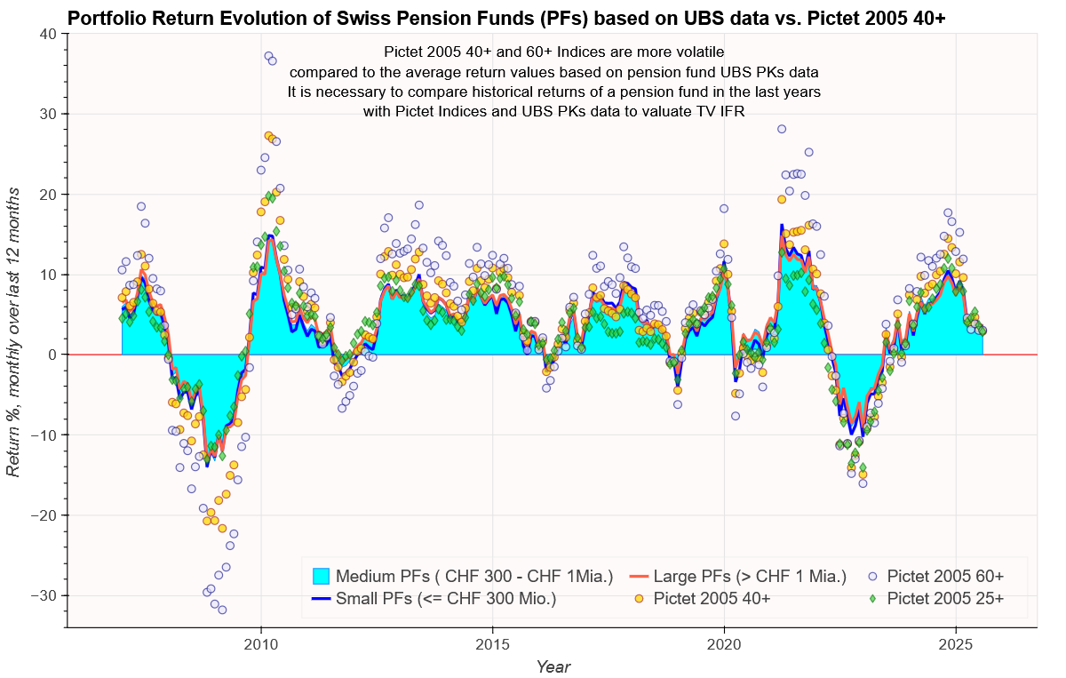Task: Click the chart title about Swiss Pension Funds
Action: pyautogui.click(x=506, y=18)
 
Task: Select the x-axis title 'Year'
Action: pyautogui.click(x=553, y=666)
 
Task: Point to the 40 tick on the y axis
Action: pyautogui.click(x=48, y=34)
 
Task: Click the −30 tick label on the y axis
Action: pyautogui.click(x=43, y=595)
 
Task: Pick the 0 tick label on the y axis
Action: pyautogui.click(x=52, y=355)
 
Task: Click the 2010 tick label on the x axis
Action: pyautogui.click(x=261, y=643)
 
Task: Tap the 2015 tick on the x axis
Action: pyautogui.click(x=493, y=643)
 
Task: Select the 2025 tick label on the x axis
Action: pyautogui.click(x=956, y=643)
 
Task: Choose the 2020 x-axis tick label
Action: pyautogui.click(x=724, y=643)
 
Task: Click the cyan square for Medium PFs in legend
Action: pyautogui.click(x=321, y=576)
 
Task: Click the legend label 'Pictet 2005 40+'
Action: pyautogui.click(x=712, y=599)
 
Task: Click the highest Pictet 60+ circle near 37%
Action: pyautogui.click(x=268, y=56)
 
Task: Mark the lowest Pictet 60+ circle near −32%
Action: pyautogui.click(x=222, y=610)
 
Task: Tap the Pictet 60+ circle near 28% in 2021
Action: pyautogui.click(x=782, y=129)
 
